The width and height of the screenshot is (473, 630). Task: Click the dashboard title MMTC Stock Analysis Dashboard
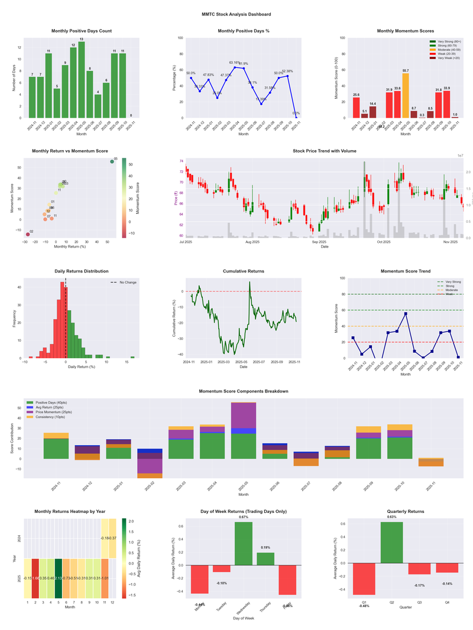click(x=236, y=14)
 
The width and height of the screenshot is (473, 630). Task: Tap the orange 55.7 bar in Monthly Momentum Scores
click(x=405, y=95)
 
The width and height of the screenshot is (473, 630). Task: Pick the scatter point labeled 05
click(x=112, y=161)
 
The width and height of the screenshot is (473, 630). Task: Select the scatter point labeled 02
click(x=27, y=235)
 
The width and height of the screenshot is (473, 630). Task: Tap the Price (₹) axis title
click(x=176, y=198)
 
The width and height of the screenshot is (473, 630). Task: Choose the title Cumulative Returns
click(x=243, y=271)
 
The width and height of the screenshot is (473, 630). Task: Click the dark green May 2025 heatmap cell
click(x=59, y=578)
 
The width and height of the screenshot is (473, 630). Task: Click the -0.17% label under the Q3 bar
click(x=420, y=586)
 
